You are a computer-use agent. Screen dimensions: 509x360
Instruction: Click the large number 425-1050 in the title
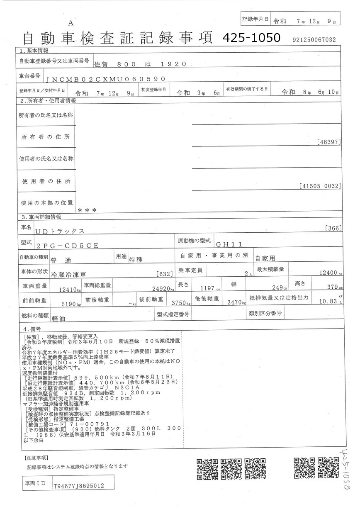[251, 38]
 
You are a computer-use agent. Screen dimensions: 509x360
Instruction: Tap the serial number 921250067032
[314, 40]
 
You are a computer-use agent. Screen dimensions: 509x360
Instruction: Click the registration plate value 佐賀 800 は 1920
[138, 64]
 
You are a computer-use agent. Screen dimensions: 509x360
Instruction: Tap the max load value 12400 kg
[330, 273]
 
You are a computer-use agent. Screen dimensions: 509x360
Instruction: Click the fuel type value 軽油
[59, 318]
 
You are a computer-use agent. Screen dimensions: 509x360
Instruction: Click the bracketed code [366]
[334, 228]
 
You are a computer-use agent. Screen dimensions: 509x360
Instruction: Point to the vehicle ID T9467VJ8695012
[79, 485]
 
